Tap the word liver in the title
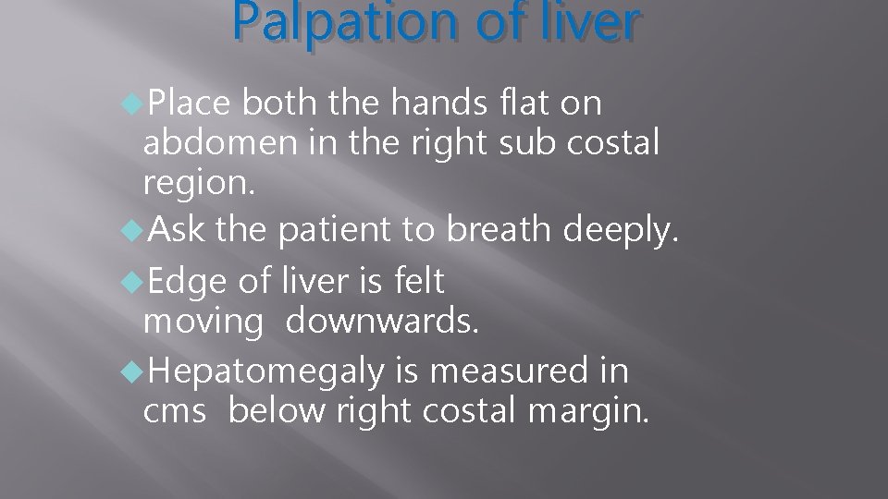580,24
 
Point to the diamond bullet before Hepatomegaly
132,372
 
